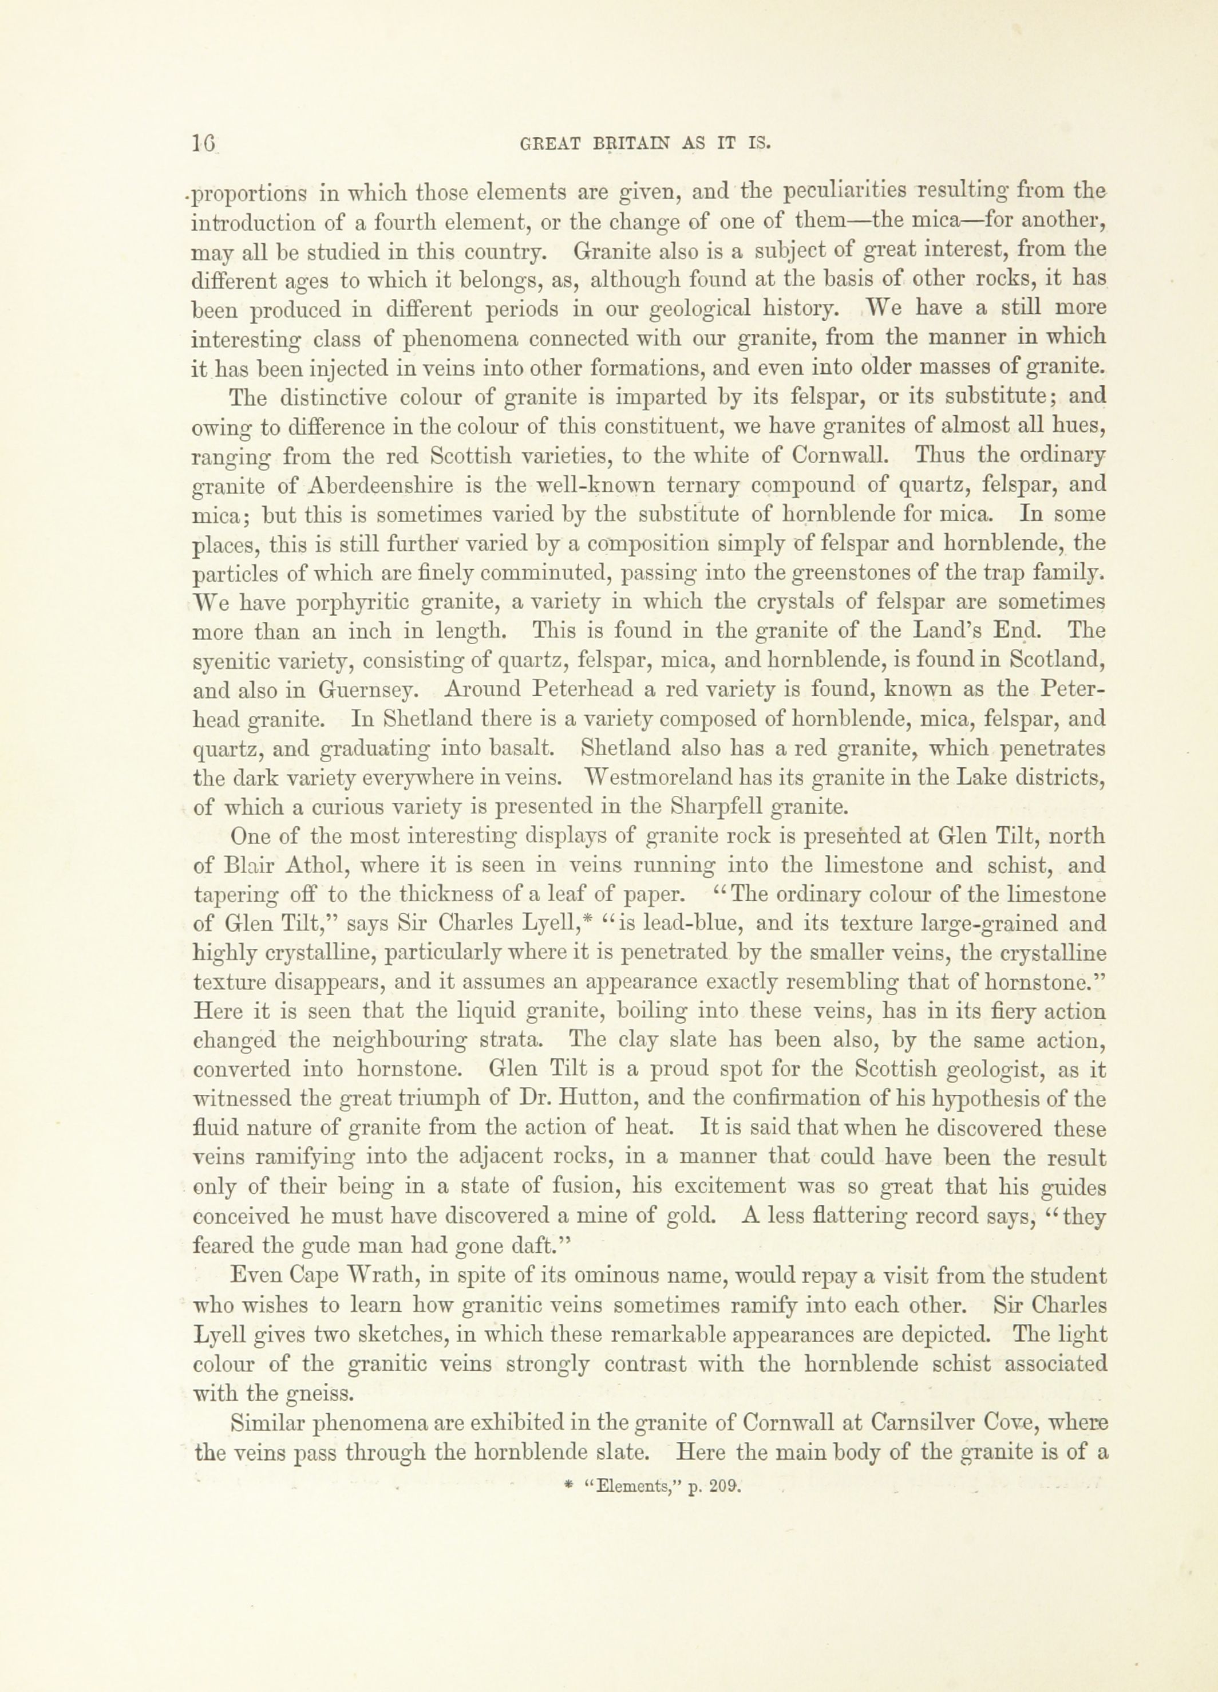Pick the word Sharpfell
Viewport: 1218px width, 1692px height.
pos(712,806)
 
